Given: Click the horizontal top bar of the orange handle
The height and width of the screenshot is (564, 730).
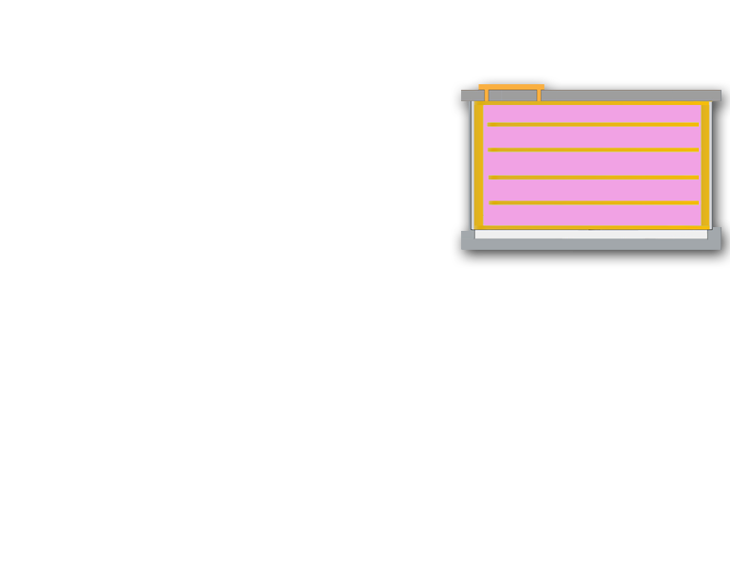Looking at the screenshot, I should pyautogui.click(x=511, y=87).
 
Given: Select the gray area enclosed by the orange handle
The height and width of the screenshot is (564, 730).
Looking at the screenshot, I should pyautogui.click(x=512, y=96).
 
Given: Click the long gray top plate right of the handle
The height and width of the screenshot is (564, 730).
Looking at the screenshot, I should pyautogui.click(x=630, y=96).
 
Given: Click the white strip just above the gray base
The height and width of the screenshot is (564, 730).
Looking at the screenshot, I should pyautogui.click(x=590, y=235).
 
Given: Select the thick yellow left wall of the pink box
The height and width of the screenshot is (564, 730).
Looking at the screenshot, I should pyautogui.click(x=479, y=166).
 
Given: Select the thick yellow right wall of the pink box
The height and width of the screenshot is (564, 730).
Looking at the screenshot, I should pyautogui.click(x=705, y=166).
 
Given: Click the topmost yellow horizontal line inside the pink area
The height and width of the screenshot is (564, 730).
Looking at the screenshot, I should pyautogui.click(x=593, y=124).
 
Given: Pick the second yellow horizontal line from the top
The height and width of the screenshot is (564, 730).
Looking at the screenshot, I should pyautogui.click(x=593, y=150).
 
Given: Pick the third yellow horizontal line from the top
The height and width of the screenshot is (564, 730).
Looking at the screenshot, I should pyautogui.click(x=593, y=177).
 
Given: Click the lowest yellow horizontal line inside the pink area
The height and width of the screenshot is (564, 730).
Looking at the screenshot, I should pyautogui.click(x=593, y=203).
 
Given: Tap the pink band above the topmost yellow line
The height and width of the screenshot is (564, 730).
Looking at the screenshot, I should pyautogui.click(x=593, y=114).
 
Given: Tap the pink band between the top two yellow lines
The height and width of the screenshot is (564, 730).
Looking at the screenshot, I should pyautogui.click(x=593, y=137).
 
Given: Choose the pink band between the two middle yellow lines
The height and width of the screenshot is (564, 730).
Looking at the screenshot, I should pyautogui.click(x=593, y=164).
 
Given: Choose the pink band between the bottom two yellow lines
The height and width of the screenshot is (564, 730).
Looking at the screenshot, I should pyautogui.click(x=593, y=190).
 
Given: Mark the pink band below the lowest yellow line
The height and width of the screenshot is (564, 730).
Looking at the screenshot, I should pyautogui.click(x=593, y=215).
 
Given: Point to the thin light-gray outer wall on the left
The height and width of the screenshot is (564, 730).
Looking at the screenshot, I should pyautogui.click(x=472, y=166).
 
